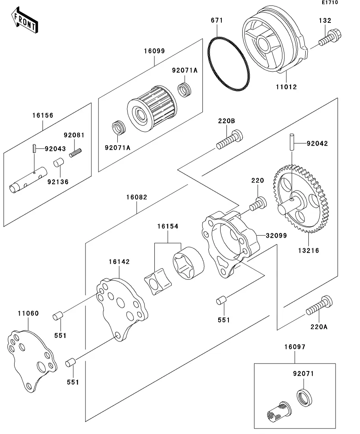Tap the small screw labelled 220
258,203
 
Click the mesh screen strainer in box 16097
278,411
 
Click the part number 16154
168,227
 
